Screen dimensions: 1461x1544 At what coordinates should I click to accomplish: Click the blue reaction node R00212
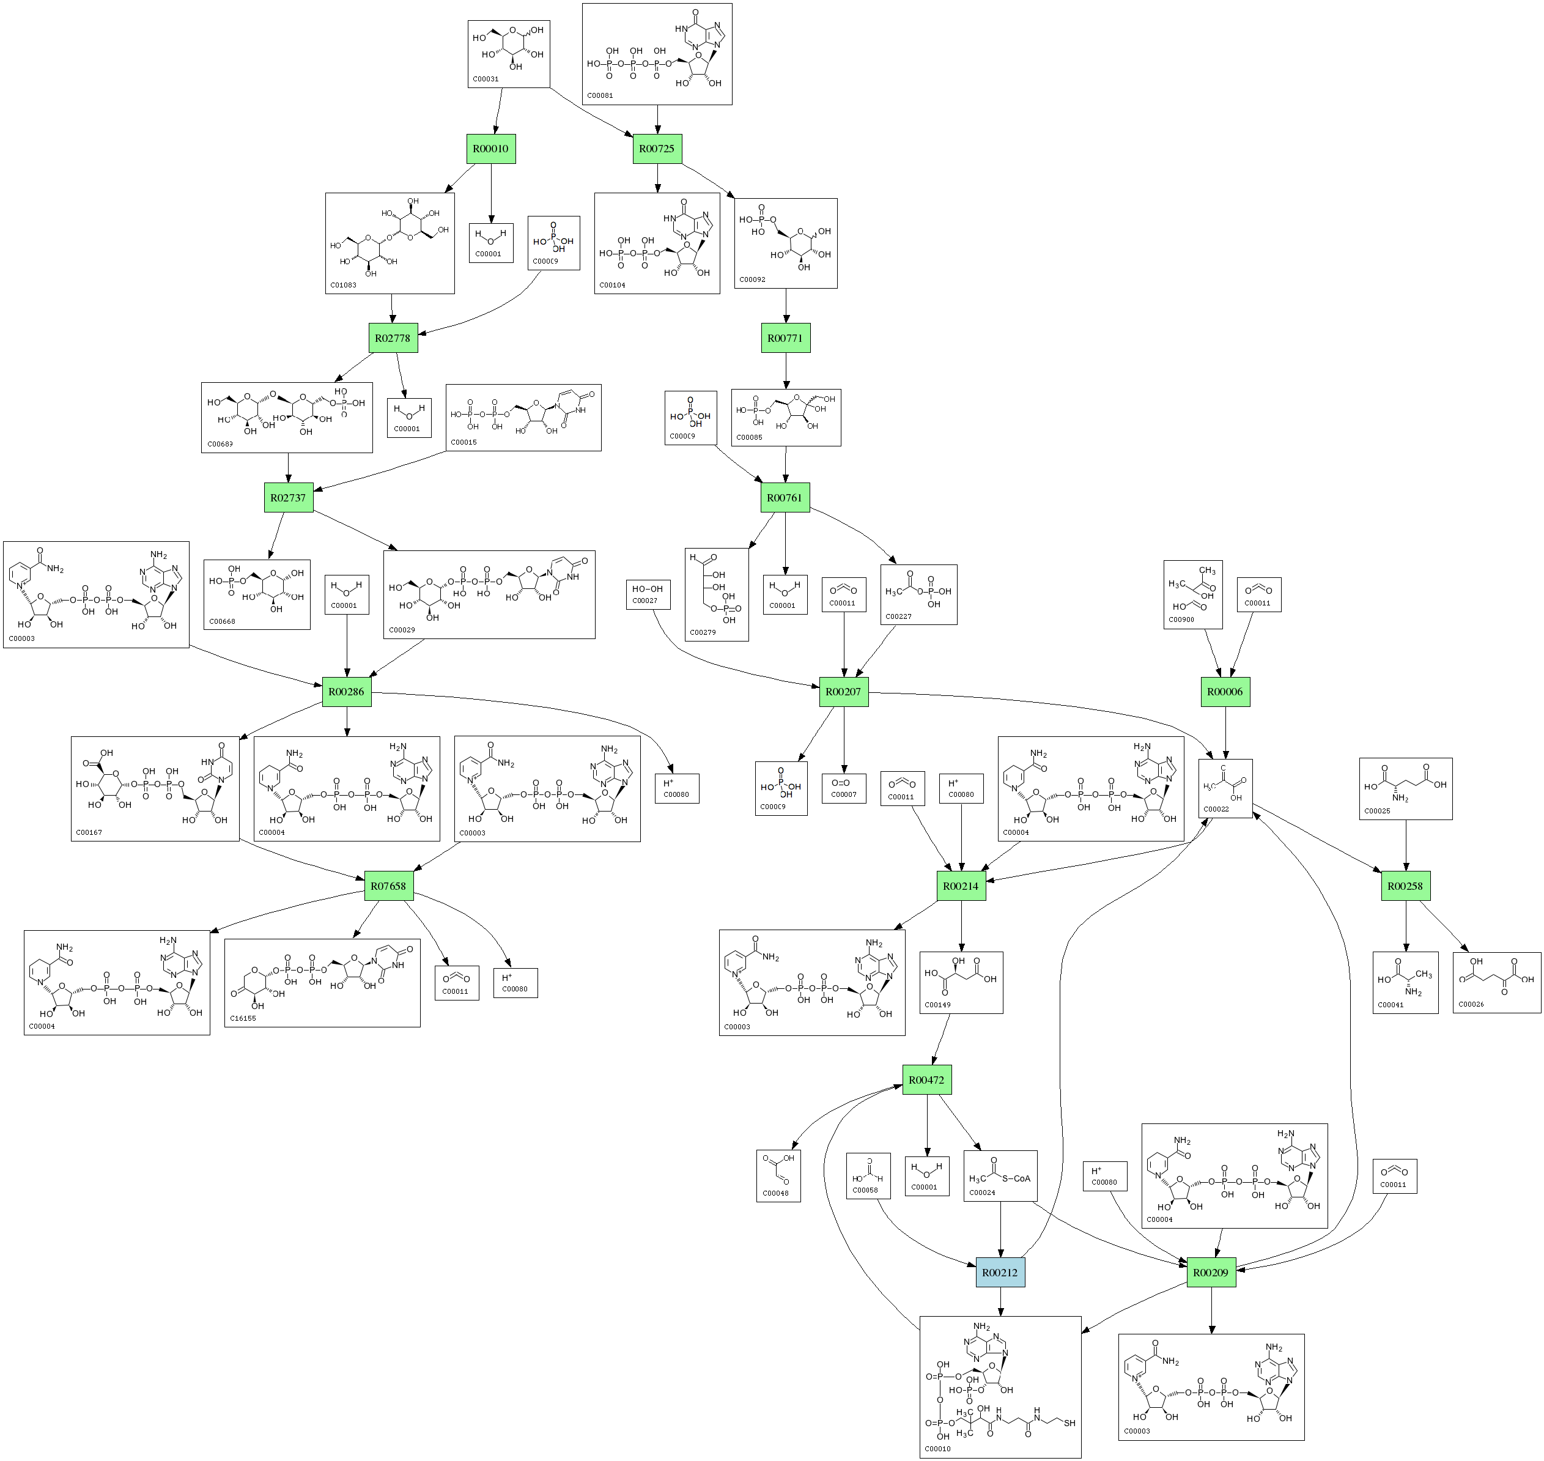click(x=1000, y=1273)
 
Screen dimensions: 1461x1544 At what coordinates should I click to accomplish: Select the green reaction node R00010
click(x=490, y=149)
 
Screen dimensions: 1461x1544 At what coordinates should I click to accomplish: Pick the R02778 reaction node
click(x=393, y=338)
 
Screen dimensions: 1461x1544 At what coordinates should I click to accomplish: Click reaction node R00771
click(x=785, y=338)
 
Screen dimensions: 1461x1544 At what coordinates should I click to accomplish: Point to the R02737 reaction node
click(x=288, y=498)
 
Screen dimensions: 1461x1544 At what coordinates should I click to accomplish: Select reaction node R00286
click(x=347, y=692)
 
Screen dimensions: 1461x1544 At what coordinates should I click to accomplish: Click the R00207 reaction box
click(x=843, y=692)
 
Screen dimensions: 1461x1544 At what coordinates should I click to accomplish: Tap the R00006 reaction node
click(x=1225, y=692)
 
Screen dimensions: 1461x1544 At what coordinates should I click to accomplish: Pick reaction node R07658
click(x=388, y=886)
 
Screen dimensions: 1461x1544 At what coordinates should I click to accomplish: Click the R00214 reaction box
click(x=961, y=886)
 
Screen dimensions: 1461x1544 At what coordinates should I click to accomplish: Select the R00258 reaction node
click(x=1405, y=886)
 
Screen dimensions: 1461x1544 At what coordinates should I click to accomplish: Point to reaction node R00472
click(x=926, y=1080)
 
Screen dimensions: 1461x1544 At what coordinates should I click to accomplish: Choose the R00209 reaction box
click(x=1211, y=1273)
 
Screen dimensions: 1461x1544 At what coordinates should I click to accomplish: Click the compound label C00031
click(x=486, y=80)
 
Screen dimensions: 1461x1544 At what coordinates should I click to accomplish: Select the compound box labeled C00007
click(x=844, y=788)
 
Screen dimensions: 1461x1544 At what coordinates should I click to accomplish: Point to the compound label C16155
click(x=243, y=1018)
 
